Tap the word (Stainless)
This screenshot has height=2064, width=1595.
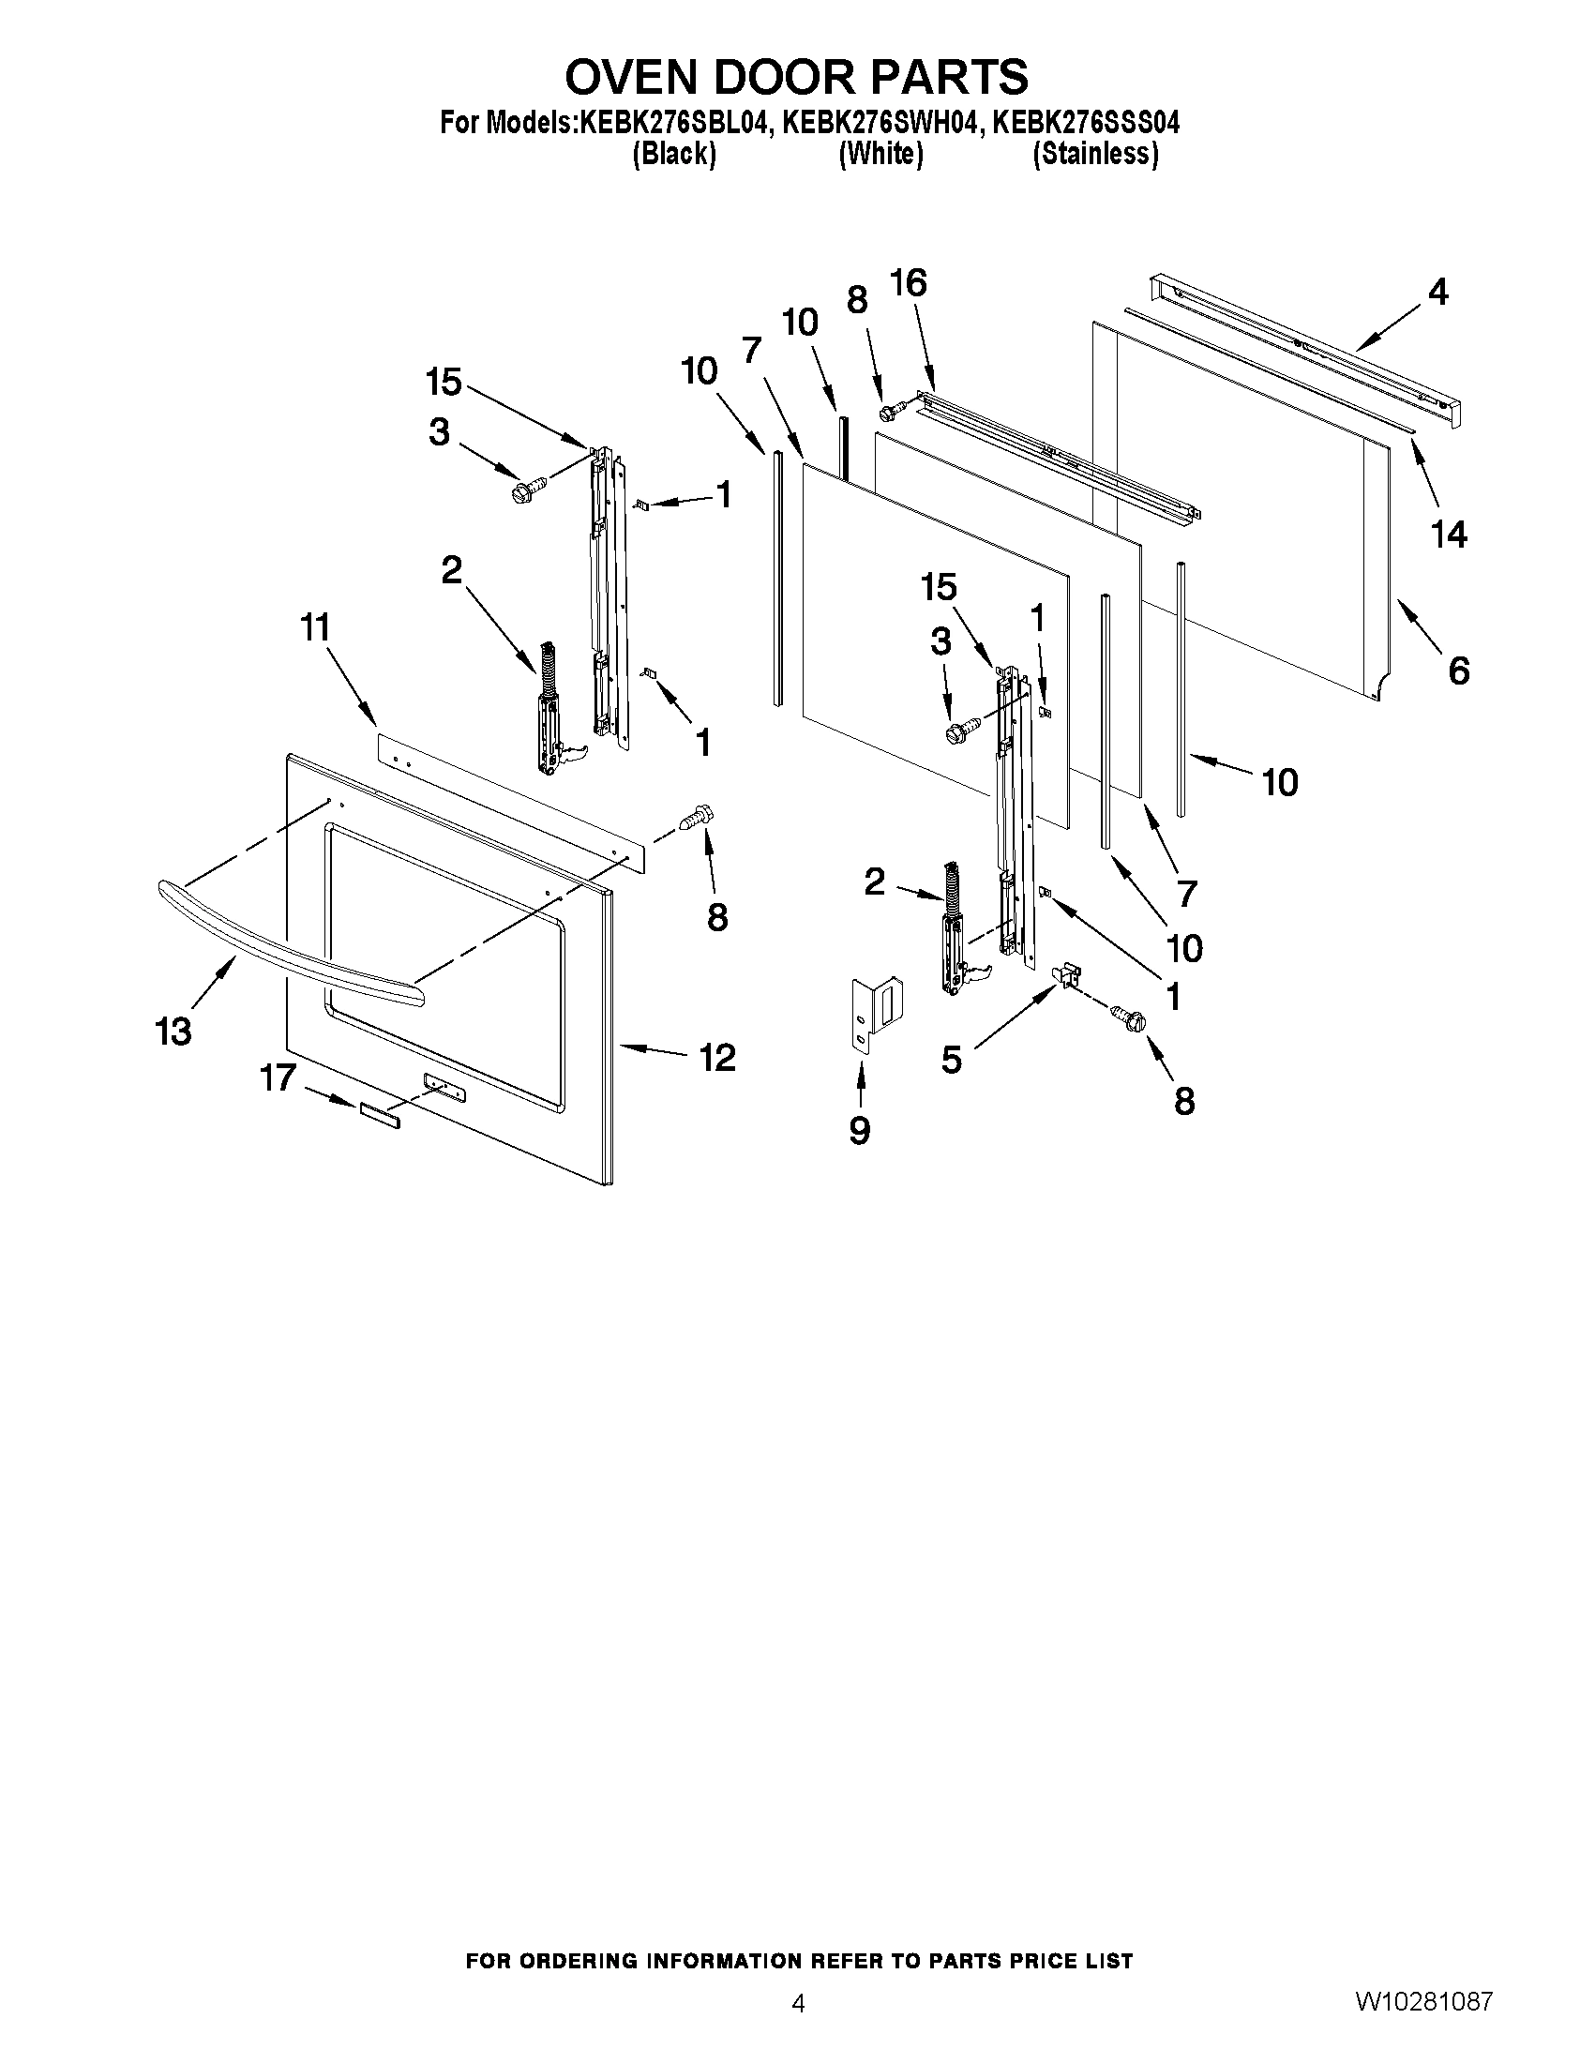(1095, 153)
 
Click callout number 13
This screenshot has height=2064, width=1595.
(173, 1031)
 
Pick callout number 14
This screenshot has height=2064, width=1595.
(1449, 535)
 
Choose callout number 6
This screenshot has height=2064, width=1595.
(1459, 671)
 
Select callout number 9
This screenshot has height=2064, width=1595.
(859, 1129)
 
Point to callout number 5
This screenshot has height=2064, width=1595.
(952, 1060)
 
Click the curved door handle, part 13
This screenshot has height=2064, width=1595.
(283, 940)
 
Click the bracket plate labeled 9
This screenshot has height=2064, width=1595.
(874, 1012)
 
